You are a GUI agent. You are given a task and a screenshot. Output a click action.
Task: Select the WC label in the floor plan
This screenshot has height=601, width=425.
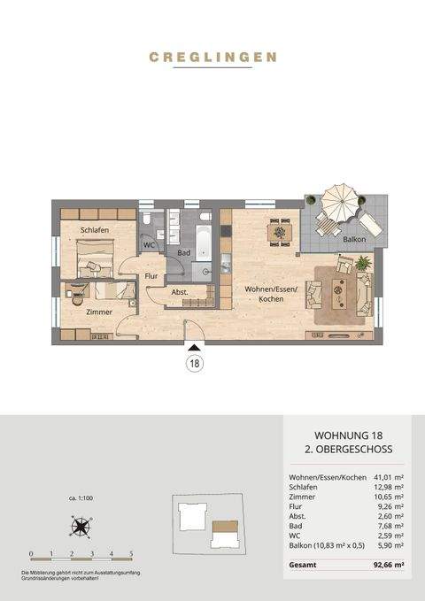coord(149,244)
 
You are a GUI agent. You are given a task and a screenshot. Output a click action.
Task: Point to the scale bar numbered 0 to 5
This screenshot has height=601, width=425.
coord(81,555)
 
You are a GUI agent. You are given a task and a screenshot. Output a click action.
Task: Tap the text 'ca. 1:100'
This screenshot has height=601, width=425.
coord(81,499)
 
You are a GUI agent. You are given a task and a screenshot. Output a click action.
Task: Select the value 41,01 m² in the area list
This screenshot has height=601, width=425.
coord(386,478)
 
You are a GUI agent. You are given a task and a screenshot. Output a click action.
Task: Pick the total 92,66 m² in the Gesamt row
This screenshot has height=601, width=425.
coord(387,564)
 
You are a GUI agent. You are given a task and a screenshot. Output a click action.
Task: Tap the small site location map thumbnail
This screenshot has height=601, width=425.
coord(210,529)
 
